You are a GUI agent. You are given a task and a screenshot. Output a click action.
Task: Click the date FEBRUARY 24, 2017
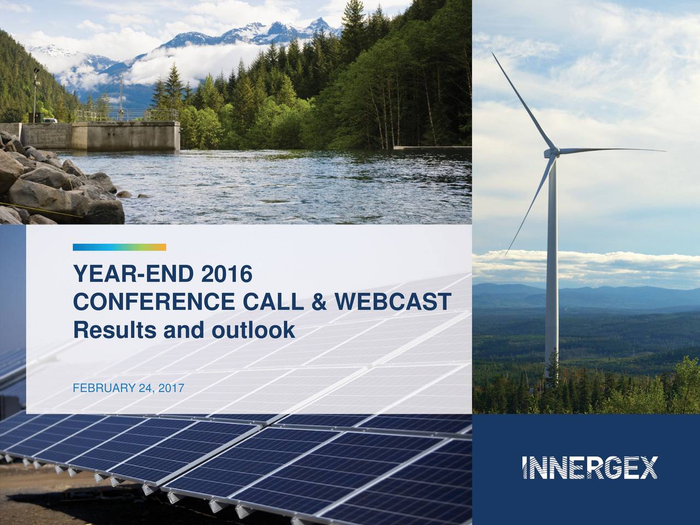(129, 388)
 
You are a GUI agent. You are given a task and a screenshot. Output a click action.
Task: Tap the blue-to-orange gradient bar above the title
(119, 247)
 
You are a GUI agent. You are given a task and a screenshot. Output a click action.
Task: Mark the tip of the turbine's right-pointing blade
(666, 150)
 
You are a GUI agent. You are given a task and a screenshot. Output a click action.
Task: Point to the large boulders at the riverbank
(49, 186)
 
